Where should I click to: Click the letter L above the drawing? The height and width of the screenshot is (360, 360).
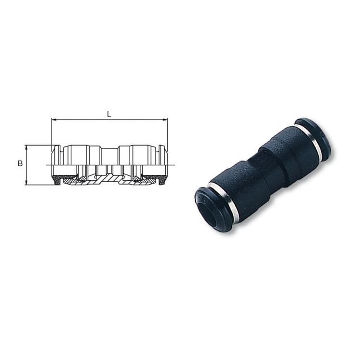tap(109, 114)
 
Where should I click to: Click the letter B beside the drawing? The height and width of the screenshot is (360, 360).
tap(20, 163)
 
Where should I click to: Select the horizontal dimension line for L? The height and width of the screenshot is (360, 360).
tap(109, 120)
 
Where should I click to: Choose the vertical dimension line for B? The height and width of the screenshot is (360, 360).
tap(26, 165)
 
